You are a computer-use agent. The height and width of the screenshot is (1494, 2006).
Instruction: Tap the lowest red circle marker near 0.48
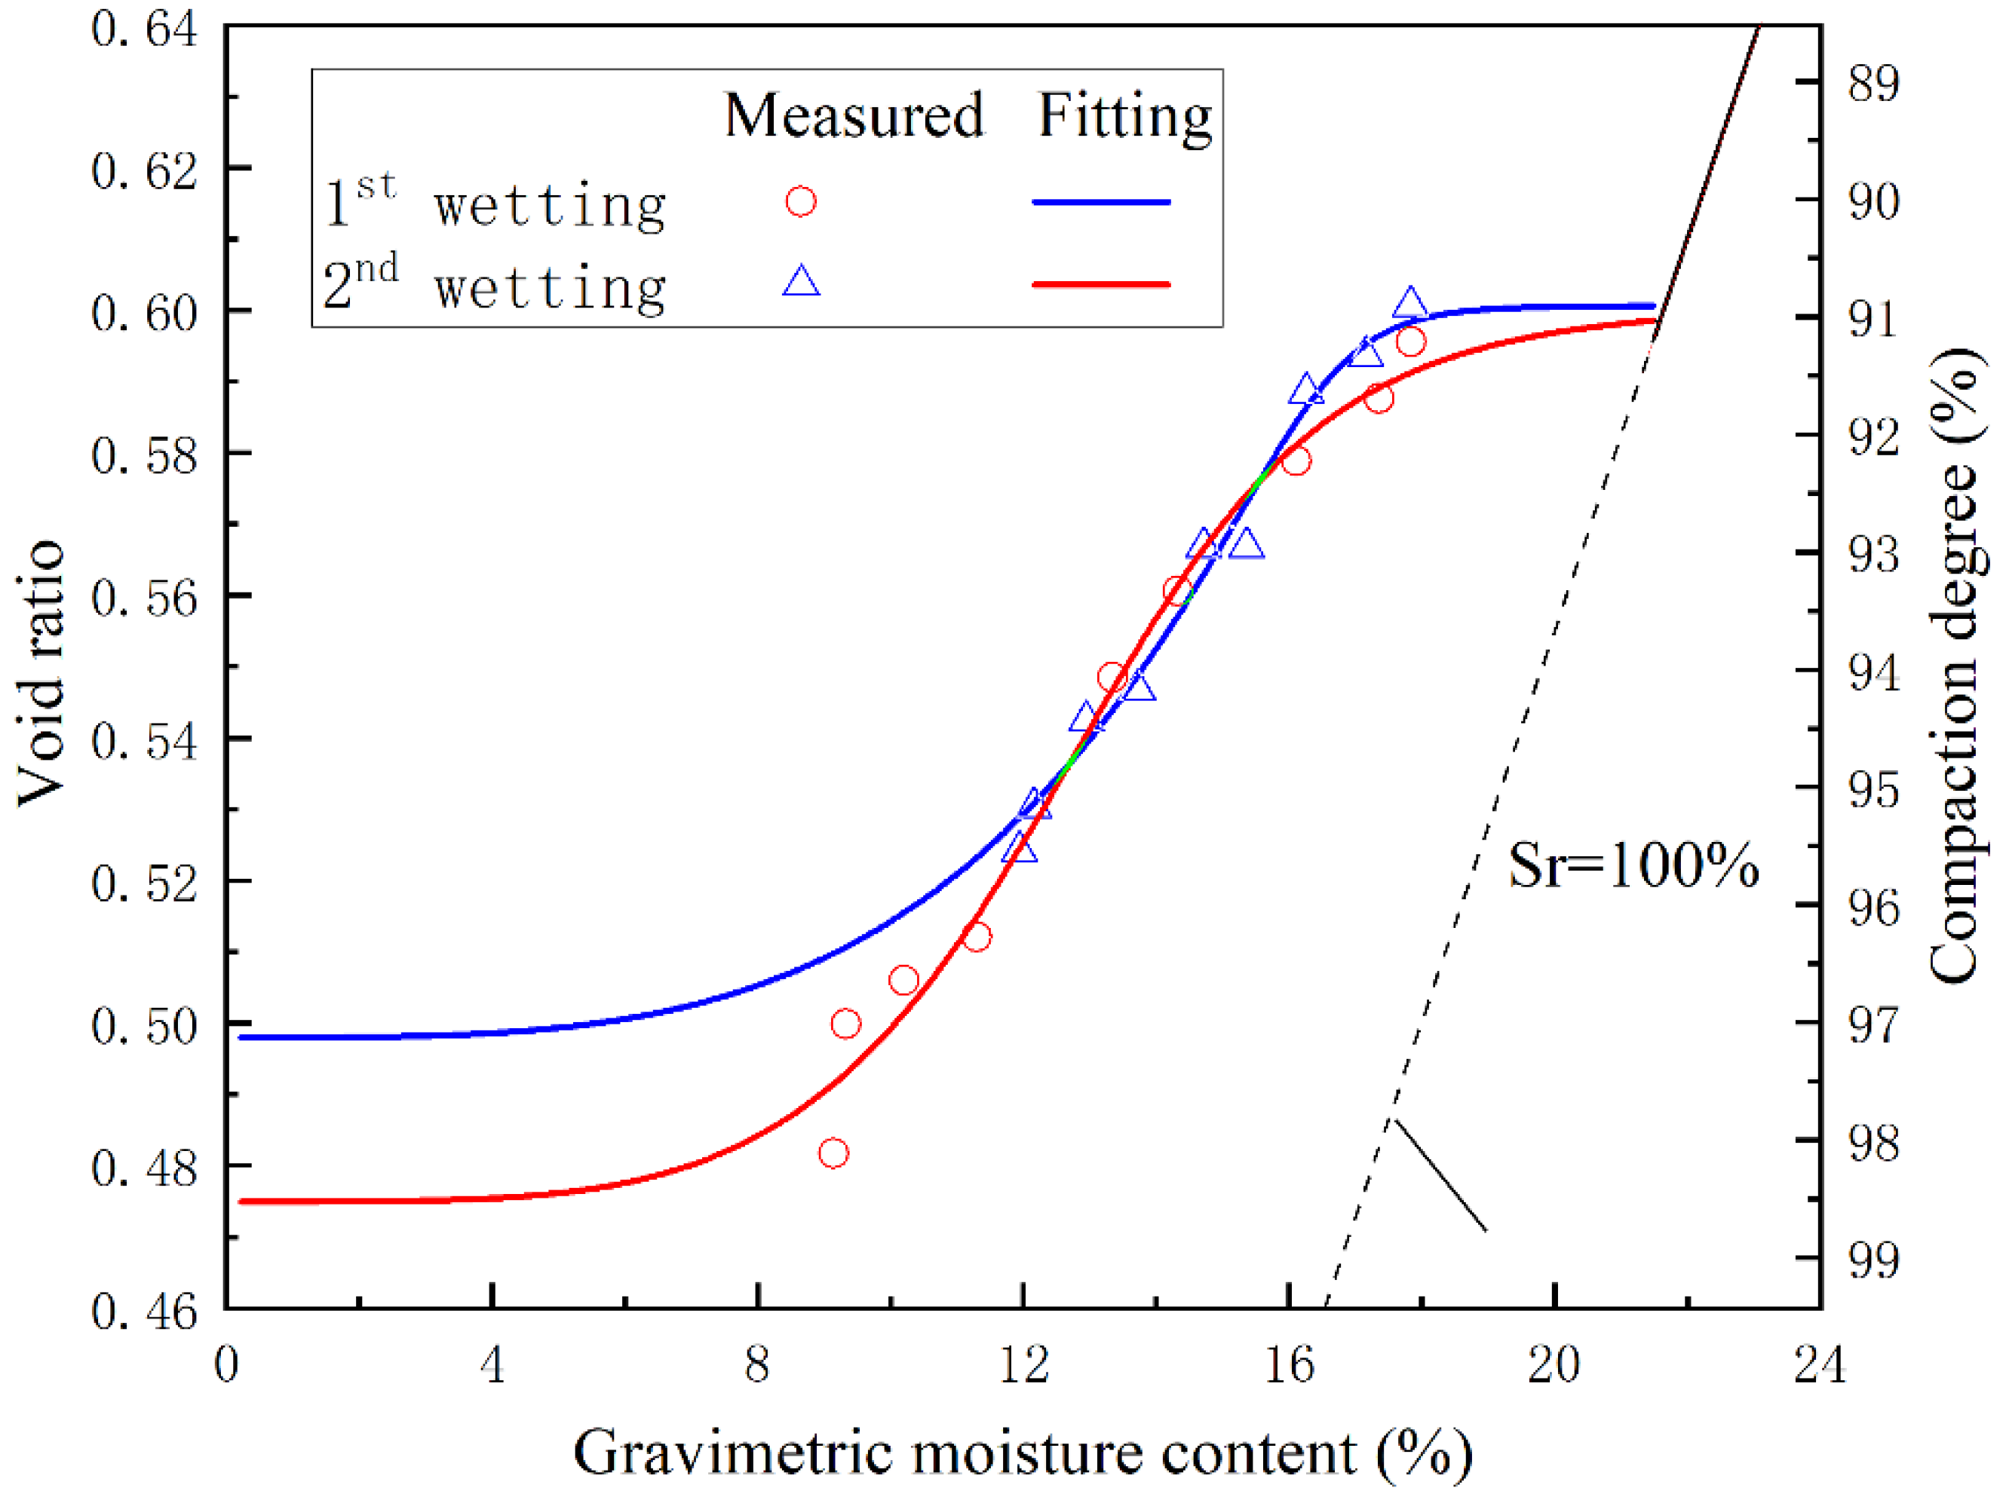point(833,1154)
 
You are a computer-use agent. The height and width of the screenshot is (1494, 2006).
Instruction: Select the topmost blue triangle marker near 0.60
point(1409,305)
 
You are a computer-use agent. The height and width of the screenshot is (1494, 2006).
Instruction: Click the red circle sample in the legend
point(801,201)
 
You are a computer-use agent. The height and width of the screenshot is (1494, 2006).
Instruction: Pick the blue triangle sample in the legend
point(801,282)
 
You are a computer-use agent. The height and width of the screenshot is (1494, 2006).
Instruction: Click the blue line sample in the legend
point(1101,202)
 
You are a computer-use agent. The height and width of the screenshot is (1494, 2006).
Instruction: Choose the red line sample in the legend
point(1101,284)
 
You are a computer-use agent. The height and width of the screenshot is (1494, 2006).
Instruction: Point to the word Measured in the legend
point(853,116)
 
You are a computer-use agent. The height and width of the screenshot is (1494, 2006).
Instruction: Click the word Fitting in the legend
point(1124,116)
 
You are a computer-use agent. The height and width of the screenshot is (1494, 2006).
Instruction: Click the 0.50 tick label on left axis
point(144,1027)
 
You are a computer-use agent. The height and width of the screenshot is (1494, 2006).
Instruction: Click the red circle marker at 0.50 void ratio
point(845,1024)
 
